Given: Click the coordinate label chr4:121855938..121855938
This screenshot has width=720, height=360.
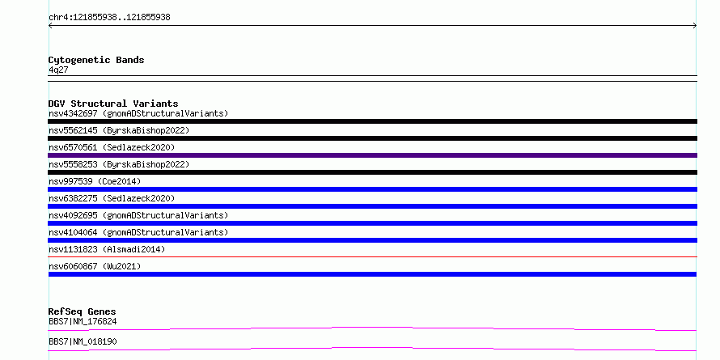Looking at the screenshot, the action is [x=109, y=18].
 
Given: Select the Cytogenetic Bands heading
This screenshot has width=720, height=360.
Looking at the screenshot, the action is [x=96, y=60].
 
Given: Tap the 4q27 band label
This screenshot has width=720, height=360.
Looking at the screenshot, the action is [x=58, y=70].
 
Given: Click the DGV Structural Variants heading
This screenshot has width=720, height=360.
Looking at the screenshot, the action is [x=113, y=104].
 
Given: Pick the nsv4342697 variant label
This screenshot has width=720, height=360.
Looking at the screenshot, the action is [x=138, y=113].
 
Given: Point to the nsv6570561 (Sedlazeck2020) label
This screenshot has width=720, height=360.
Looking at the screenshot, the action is [x=112, y=147].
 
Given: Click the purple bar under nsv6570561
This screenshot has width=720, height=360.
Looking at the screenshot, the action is [x=372, y=155].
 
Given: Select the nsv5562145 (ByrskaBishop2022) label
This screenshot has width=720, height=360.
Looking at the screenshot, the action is [x=119, y=130].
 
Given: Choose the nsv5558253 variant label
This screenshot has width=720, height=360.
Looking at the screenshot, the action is [x=119, y=164].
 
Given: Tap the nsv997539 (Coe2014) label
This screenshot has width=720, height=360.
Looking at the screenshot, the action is [x=95, y=181].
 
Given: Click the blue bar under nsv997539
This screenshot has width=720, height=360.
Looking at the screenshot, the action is [x=372, y=189].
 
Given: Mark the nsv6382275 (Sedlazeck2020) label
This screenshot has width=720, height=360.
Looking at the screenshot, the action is [x=112, y=198].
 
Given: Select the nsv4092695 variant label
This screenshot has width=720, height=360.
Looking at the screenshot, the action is [x=138, y=215].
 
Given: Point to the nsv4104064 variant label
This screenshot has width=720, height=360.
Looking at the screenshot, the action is [x=138, y=232].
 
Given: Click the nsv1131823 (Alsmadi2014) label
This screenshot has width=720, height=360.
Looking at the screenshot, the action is [x=107, y=249].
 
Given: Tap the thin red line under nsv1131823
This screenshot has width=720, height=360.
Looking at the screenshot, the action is [x=372, y=256].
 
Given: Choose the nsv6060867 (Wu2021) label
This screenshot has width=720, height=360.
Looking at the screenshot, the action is [x=95, y=266].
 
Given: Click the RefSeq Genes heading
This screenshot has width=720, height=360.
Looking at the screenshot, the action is [x=82, y=311].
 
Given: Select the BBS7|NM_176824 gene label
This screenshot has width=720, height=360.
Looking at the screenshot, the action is [x=83, y=321].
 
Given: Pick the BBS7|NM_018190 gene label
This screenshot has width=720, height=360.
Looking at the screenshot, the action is [x=83, y=341].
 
